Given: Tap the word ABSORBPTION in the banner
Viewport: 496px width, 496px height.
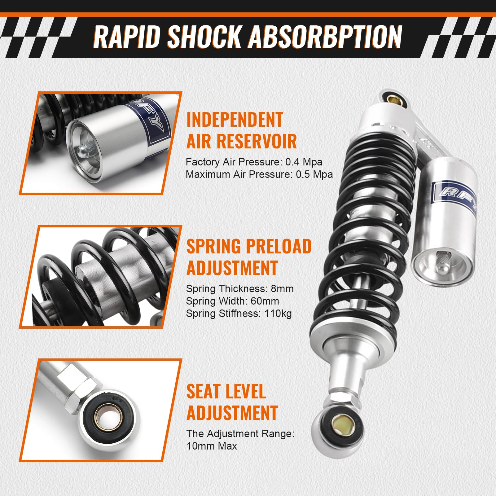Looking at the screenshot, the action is point(325,37).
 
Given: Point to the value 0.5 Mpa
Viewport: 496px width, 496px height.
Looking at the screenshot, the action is point(314,174).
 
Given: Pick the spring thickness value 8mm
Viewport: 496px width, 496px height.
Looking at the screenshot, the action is point(282,289).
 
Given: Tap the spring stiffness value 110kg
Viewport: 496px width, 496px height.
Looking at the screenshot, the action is point(278,314).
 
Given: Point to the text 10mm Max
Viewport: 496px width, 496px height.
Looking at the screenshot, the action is point(212,446).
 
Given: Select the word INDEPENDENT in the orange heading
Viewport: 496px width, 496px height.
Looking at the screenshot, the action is point(235,120).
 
